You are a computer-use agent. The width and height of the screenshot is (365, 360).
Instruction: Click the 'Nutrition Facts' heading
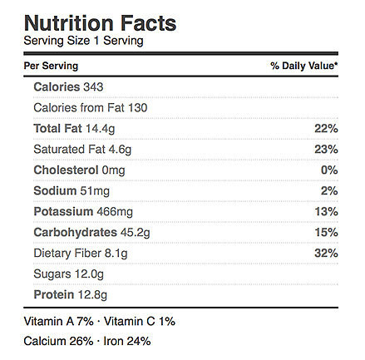[100, 23]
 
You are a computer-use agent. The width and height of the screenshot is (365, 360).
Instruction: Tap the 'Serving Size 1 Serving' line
[83, 41]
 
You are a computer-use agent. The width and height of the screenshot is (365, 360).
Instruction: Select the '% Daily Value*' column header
[304, 66]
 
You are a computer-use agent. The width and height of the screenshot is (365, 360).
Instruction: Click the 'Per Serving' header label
[51, 67]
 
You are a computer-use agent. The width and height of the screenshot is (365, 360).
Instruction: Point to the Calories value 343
[93, 87]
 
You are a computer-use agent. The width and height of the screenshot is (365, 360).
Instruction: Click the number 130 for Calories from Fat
[137, 108]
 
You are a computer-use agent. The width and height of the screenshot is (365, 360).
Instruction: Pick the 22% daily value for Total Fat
[326, 129]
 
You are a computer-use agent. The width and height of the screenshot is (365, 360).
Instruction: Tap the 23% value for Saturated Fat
[326, 150]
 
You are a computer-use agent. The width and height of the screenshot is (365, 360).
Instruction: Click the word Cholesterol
[66, 170]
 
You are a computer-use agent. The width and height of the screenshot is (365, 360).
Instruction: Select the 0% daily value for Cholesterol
[329, 170]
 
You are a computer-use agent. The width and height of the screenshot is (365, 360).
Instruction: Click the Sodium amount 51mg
[95, 191]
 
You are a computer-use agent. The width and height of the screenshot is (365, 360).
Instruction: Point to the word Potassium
[63, 212]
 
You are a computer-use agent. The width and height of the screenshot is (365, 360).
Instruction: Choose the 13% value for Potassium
[326, 212]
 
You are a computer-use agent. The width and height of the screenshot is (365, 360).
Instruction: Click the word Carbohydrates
[76, 233]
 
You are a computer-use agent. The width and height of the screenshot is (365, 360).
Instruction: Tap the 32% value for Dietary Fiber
[326, 254]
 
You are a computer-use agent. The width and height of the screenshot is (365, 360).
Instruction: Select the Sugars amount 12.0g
[89, 274]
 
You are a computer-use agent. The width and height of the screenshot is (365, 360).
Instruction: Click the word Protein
[54, 294]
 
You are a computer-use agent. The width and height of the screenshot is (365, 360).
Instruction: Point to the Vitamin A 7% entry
[58, 322]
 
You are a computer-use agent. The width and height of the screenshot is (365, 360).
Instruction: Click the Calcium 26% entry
[58, 341]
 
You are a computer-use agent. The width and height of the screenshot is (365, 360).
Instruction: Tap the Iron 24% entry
[127, 341]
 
